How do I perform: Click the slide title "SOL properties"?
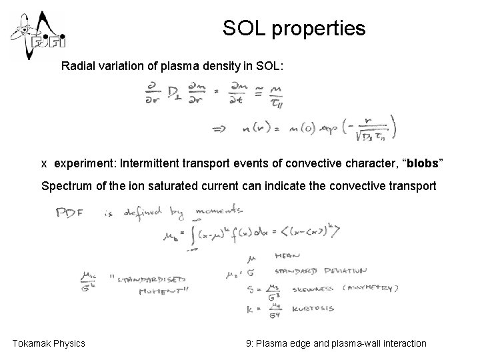pos(294,29)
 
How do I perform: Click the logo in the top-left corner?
pos(37,35)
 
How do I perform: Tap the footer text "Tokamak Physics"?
pos(49,343)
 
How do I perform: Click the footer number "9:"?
pos(250,343)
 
